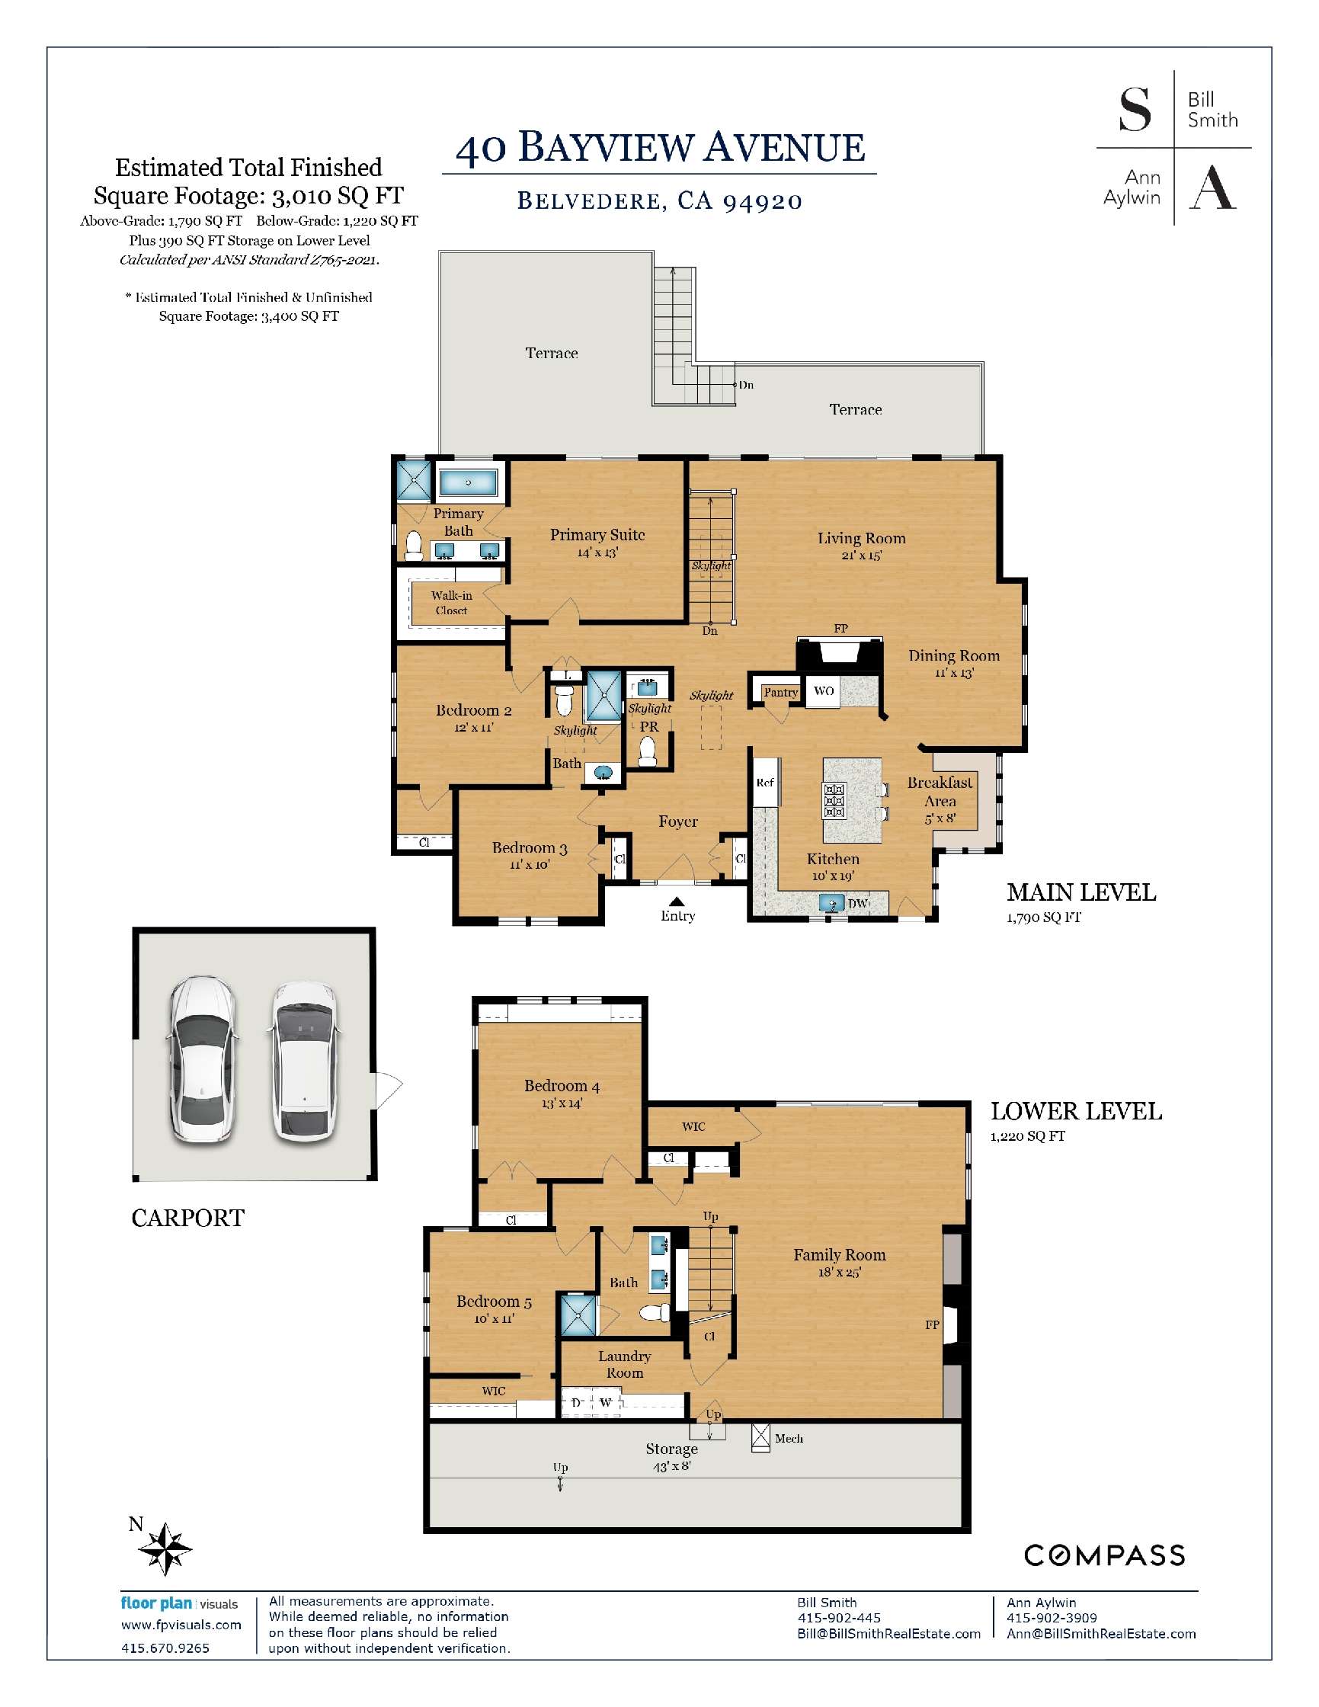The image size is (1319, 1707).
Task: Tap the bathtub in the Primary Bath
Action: [x=467, y=482]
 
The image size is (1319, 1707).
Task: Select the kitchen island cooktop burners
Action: [x=834, y=800]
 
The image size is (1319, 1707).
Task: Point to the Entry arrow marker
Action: [x=677, y=902]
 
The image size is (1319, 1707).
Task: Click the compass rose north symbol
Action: [x=165, y=1548]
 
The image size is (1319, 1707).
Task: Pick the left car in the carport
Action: [x=201, y=1059]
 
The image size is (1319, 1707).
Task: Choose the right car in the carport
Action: [x=306, y=1061]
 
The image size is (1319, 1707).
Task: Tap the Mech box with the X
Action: [x=760, y=1437]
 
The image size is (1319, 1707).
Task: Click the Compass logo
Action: [x=1104, y=1555]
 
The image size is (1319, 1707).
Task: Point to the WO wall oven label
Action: [x=824, y=691]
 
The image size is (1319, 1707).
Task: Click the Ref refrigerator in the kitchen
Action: [x=766, y=783]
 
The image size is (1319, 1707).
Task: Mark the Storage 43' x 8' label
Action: [x=671, y=1456]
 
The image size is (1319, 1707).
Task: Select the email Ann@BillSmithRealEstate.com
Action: [x=1101, y=1634]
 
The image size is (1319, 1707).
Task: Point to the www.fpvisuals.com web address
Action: [x=181, y=1625]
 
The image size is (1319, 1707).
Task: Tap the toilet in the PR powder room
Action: [x=647, y=752]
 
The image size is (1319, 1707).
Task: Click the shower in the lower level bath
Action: [x=579, y=1315]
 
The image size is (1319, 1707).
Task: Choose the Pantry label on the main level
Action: [x=780, y=692]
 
